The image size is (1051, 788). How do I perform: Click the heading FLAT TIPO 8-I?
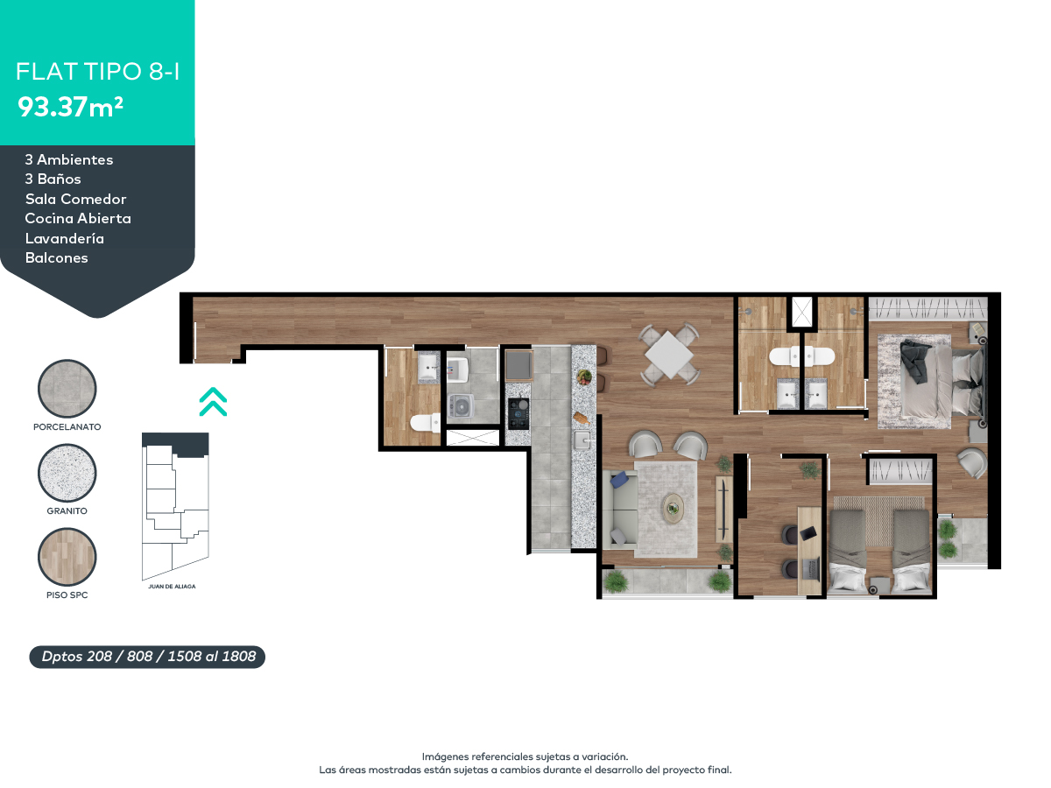[x=98, y=72]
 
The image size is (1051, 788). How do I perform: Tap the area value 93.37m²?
[x=70, y=108]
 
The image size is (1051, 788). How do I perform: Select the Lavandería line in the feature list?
[x=65, y=238]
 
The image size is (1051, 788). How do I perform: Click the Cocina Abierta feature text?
[x=78, y=218]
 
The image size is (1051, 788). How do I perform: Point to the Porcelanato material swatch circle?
[x=67, y=389]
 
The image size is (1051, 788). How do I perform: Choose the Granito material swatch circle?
[x=67, y=473]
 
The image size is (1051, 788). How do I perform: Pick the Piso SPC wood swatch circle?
[x=67, y=557]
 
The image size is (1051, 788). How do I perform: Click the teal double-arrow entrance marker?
[x=213, y=401]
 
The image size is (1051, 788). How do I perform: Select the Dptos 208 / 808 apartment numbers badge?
[x=147, y=656]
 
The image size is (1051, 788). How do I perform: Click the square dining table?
[x=668, y=355]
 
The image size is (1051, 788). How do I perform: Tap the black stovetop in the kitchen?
[x=518, y=412]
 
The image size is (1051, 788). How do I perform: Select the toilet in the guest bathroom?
[x=426, y=423]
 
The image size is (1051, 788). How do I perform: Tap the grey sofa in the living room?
[x=618, y=508]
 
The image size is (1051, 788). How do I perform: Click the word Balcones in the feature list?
[x=56, y=258]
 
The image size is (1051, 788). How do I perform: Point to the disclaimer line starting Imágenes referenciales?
[x=525, y=756]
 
